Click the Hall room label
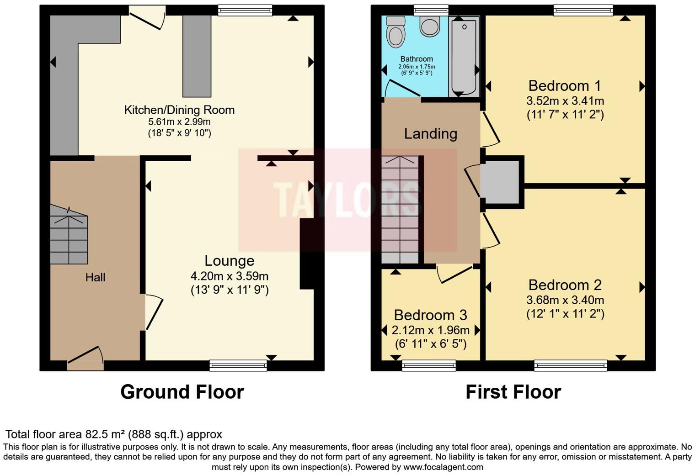pos(95,277)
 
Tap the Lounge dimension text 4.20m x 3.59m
pos(229,276)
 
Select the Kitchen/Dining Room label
pos(179,110)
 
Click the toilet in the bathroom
pos(396,32)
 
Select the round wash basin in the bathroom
pos(429,26)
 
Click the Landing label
pos(430,133)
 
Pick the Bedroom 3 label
pos(430,315)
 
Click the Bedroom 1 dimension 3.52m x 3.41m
pos(565,100)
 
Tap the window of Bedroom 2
pos(570,365)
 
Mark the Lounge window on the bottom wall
pos(238,365)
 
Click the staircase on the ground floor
pos(69,235)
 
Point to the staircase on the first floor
pos(400,210)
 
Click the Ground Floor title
pos(182,392)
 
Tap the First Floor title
pos(513,392)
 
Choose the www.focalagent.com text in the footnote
pos(443,467)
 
